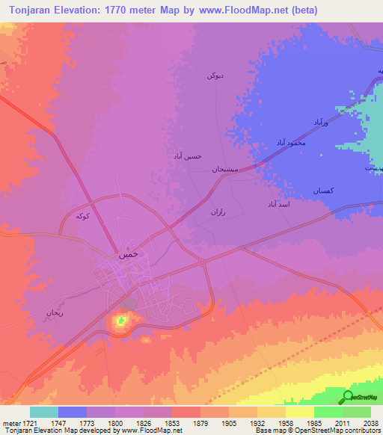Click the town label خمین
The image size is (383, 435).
point(128,254)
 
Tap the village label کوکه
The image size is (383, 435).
point(83,216)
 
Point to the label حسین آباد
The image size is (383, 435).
point(187,156)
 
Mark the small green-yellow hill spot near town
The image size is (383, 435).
point(120,322)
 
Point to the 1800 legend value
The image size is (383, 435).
point(115,422)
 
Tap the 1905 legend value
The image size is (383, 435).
point(229,422)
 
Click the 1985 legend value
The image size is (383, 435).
point(313,422)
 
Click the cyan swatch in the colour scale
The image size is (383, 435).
point(44,412)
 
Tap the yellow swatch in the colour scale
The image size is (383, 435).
point(299,412)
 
